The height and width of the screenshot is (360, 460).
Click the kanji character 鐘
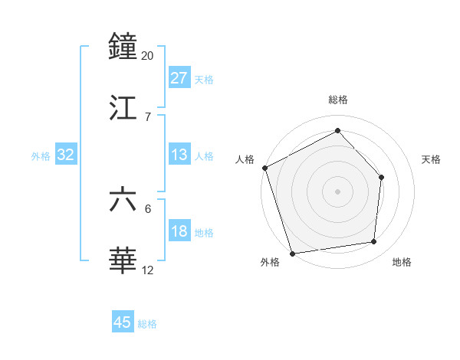tap(123, 47)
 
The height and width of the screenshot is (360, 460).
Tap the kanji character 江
tap(123, 109)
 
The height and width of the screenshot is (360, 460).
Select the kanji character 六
tap(123, 201)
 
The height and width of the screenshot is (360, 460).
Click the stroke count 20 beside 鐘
tap(147, 56)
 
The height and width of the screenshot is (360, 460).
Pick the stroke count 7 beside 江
tap(147, 116)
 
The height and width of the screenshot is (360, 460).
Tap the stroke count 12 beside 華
tap(147, 270)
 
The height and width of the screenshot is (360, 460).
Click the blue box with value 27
tap(179, 78)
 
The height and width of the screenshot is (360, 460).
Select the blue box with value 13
tap(179, 155)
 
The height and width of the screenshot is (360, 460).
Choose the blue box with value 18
tap(179, 232)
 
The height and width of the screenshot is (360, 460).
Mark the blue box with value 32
tap(66, 155)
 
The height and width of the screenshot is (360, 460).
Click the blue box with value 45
tap(123, 322)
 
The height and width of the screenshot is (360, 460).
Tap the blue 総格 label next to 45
tap(147, 324)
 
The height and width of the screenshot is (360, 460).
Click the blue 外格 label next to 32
tap(41, 156)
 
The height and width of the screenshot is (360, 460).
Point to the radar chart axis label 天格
tap(432, 159)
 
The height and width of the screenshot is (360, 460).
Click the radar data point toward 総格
tap(337, 131)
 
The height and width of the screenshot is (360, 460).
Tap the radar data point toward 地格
tap(374, 242)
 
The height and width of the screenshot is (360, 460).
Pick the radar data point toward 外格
tap(292, 253)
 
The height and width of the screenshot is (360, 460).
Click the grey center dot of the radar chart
tap(337, 191)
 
